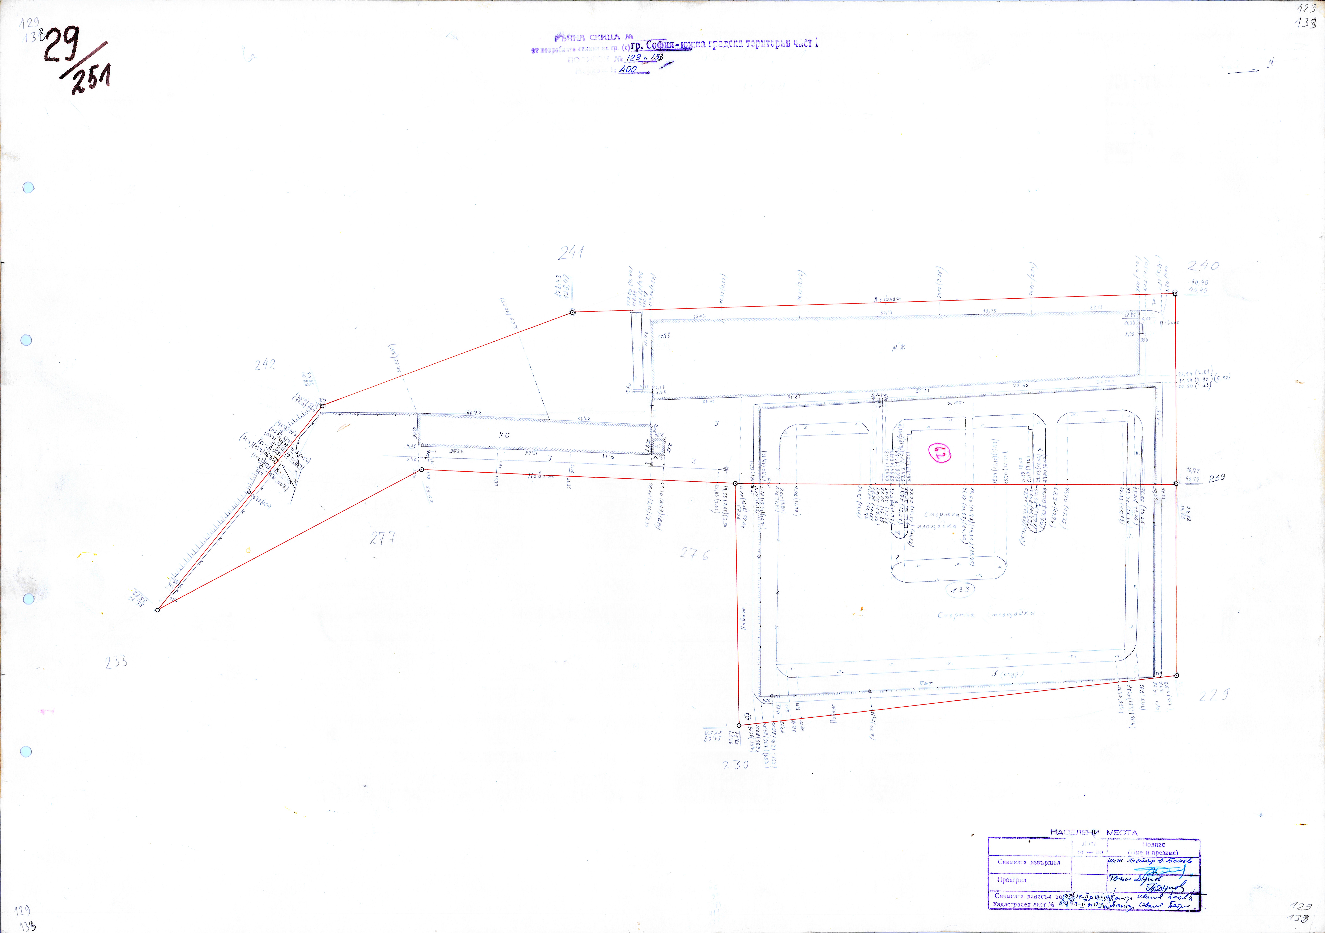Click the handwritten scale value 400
628,69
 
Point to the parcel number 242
265,365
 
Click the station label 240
1203,266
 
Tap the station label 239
1217,478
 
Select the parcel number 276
694,554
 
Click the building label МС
504,435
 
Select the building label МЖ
899,347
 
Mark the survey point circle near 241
572,312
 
